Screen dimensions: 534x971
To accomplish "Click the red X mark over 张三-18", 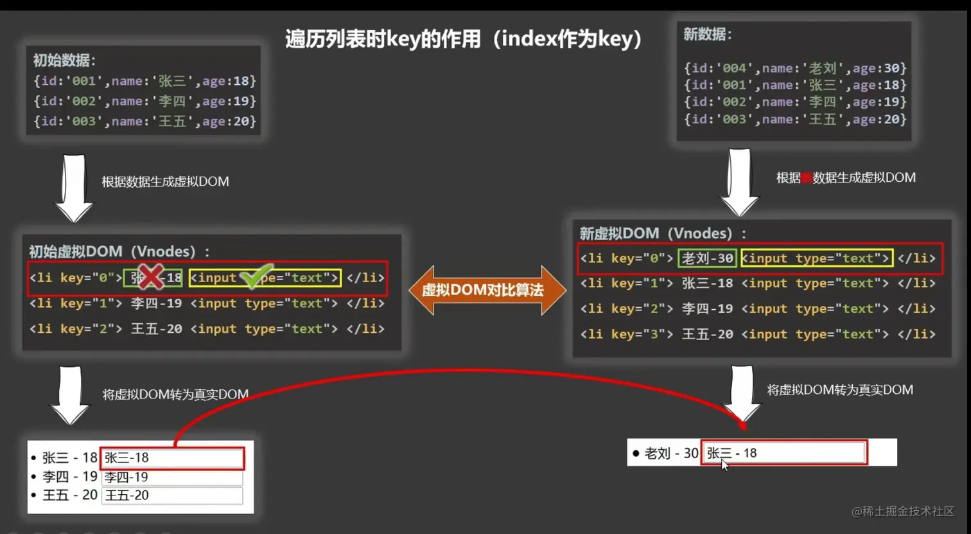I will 150,277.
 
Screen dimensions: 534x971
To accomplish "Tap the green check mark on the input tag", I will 256,276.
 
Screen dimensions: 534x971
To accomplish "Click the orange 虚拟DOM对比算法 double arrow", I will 487,290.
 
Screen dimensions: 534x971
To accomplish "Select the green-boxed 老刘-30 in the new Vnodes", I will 707,258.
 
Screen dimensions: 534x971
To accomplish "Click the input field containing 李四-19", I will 172,477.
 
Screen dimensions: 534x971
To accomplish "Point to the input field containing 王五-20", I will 172,495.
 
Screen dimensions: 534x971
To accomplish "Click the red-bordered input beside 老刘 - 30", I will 783,453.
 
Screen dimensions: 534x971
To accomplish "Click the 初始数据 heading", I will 64,60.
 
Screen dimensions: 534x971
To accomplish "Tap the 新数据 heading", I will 707,35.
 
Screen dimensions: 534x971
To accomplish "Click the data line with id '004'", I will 794,68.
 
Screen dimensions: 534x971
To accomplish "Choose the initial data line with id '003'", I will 144,121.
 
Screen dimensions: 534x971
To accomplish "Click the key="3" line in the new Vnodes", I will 757,334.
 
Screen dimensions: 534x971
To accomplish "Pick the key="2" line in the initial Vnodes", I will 207,328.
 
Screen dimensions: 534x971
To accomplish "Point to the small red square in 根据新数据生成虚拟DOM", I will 807,178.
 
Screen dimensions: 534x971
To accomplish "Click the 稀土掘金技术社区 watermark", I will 903,511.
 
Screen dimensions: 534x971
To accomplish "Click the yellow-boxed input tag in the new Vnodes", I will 816,258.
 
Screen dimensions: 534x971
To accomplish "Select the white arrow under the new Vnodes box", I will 742,392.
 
